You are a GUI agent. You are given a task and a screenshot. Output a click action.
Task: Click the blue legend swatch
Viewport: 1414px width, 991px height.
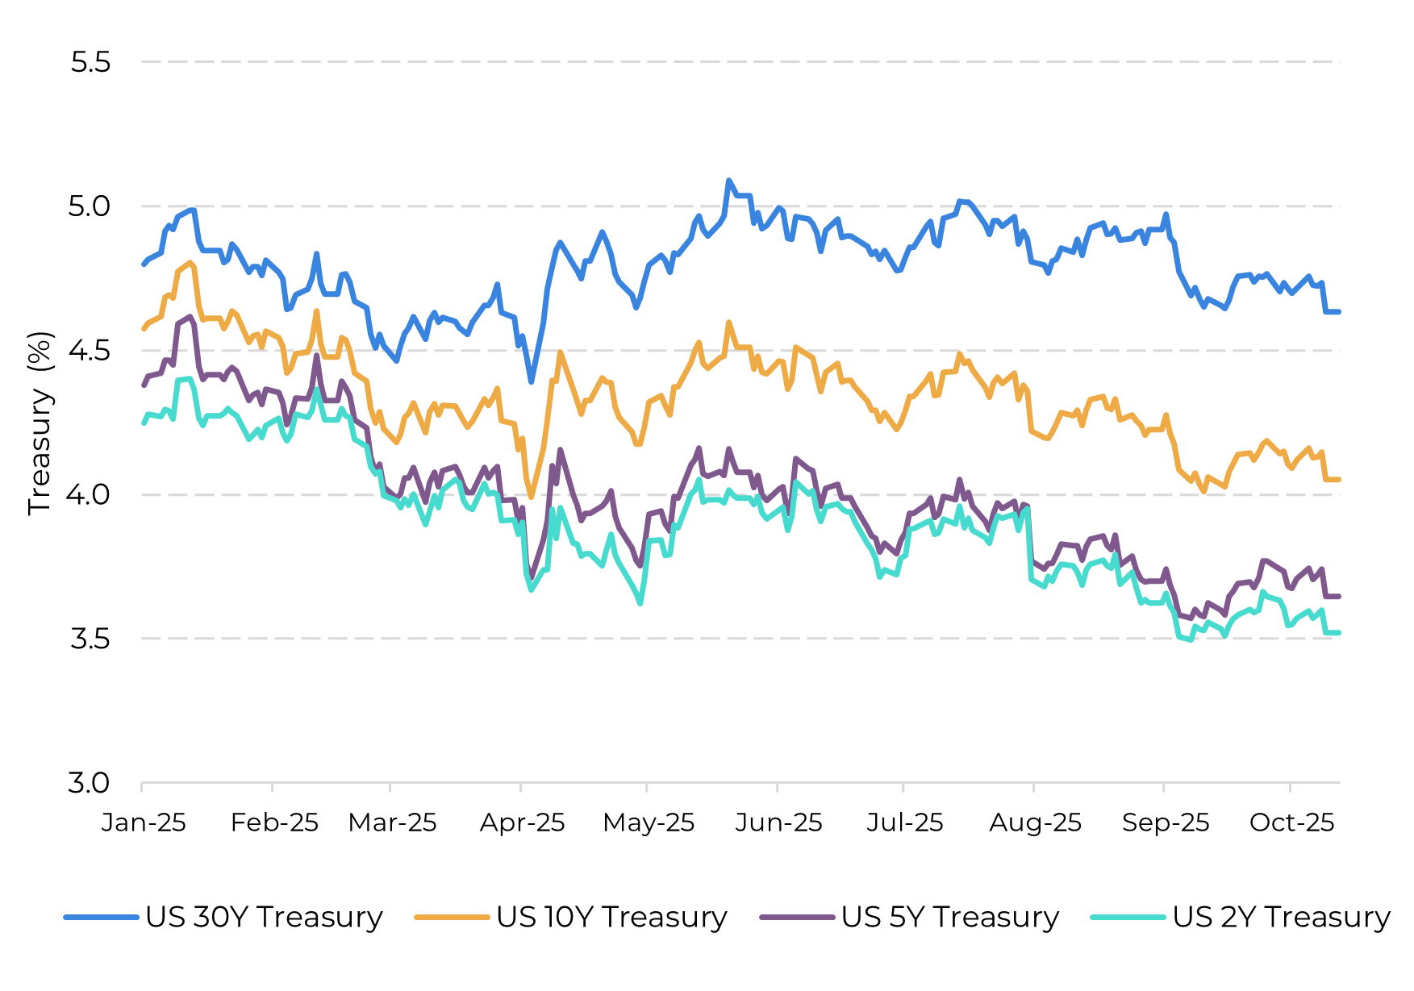coord(102,917)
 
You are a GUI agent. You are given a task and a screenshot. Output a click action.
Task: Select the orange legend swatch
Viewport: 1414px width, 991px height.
coord(452,917)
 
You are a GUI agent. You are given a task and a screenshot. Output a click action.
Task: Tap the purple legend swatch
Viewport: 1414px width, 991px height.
coord(797,917)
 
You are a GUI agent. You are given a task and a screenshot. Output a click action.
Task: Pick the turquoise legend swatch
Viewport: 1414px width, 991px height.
coord(1128,917)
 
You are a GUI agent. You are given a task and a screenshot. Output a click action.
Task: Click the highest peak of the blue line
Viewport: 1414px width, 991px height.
coord(728,181)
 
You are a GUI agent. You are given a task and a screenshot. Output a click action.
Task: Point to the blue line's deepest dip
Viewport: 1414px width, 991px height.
coord(532,381)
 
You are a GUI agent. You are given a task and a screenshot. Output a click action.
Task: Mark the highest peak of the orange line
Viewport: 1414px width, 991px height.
coord(191,262)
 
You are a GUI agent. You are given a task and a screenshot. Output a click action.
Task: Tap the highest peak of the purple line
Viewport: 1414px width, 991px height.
coord(191,316)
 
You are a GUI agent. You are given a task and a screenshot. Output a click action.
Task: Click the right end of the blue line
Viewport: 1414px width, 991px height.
coord(1339,311)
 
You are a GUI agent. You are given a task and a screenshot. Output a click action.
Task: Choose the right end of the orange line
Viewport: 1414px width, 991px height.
coord(1339,480)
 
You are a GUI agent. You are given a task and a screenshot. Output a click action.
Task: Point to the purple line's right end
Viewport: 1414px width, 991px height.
coord(1339,597)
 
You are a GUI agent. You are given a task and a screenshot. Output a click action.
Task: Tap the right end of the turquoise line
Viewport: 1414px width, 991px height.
coord(1339,633)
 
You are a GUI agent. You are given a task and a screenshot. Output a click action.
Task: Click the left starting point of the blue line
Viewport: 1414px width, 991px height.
coord(144,264)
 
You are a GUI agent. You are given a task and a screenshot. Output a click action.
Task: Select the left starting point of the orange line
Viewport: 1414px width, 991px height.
coord(144,329)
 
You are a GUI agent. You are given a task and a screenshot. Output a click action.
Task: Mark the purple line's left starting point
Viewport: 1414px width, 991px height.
coord(144,385)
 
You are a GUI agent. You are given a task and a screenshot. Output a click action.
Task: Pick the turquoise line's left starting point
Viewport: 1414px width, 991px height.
coord(144,423)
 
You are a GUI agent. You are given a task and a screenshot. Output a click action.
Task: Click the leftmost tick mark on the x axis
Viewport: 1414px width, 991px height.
coord(142,786)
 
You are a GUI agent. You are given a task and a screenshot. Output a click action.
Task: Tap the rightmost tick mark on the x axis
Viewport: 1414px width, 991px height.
coord(1290,786)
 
